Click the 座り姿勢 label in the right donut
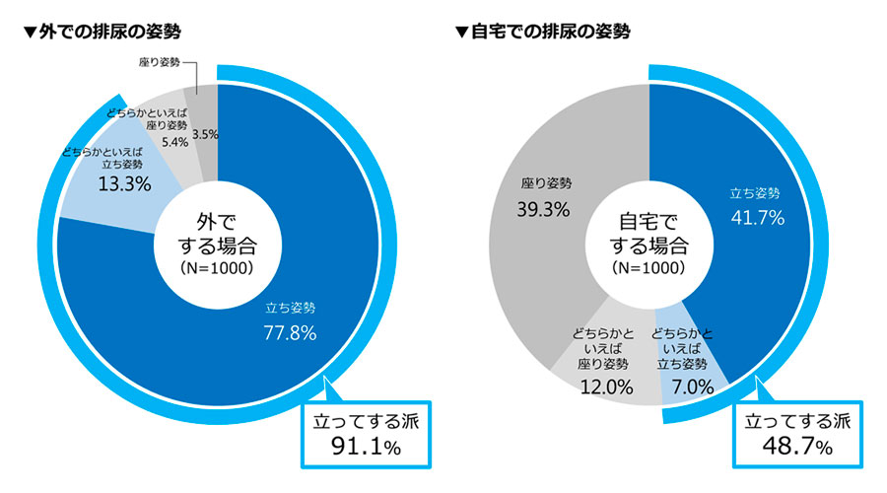pyautogui.click(x=546, y=183)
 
